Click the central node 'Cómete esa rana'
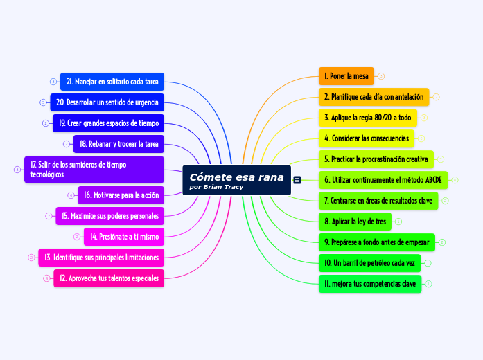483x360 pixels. pyautogui.click(x=236, y=180)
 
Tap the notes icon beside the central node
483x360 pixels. pyautogui.click(x=297, y=180)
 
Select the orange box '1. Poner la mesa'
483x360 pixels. pyautogui.click(x=346, y=76)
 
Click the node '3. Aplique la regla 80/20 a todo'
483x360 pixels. pyautogui.click(x=368, y=118)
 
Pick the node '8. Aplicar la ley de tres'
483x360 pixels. pyautogui.click(x=355, y=222)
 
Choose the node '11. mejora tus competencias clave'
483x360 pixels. pyautogui.click(x=370, y=284)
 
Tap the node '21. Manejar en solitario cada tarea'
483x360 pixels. pyautogui.click(x=112, y=82)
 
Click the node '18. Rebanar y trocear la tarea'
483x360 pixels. pyautogui.click(x=118, y=144)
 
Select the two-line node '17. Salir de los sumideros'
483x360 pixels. pyautogui.click(x=94, y=170)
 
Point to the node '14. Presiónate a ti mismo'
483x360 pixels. pyautogui.click(x=124, y=237)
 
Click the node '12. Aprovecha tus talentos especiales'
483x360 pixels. pyautogui.click(x=109, y=278)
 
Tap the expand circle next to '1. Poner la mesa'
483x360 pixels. pyautogui.click(x=381, y=76)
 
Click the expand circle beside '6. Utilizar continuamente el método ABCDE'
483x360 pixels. pyautogui.click(x=455, y=180)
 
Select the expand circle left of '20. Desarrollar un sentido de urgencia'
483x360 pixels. pyautogui.click(x=43, y=102)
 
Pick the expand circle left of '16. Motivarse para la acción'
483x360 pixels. pyautogui.click(x=71, y=195)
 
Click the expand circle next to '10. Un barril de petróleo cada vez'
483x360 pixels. pyautogui.click(x=428, y=263)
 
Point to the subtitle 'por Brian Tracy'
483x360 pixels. pyautogui.click(x=216, y=187)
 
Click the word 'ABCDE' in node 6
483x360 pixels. pyautogui.click(x=433, y=180)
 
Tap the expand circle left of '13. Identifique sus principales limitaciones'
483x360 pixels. pyautogui.click(x=31, y=258)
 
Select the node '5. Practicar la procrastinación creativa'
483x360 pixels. pyautogui.click(x=376, y=159)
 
